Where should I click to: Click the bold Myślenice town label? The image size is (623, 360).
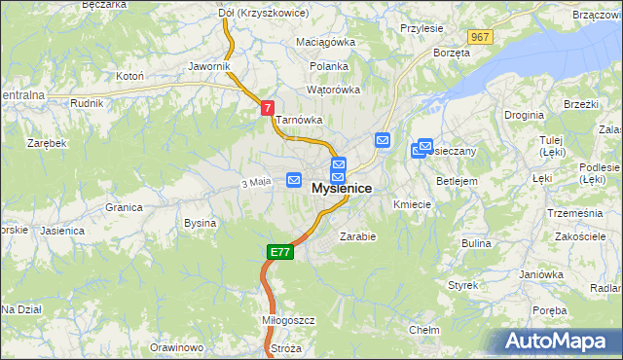341,188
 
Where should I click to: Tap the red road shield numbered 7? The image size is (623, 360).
268,109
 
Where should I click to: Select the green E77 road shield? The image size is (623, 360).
279,252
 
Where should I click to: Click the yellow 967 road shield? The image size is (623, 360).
478,37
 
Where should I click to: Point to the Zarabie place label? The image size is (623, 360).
357,235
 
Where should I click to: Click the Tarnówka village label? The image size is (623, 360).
298,120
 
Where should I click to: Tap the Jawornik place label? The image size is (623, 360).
209,66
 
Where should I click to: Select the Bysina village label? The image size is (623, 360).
200,223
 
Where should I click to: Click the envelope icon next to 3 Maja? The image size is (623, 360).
294,180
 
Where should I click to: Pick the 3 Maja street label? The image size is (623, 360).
255,182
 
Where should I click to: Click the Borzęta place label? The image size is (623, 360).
452,53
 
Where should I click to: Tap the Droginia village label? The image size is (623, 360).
524,115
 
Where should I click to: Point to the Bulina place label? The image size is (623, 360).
476,243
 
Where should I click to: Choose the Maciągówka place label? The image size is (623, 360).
326,43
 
